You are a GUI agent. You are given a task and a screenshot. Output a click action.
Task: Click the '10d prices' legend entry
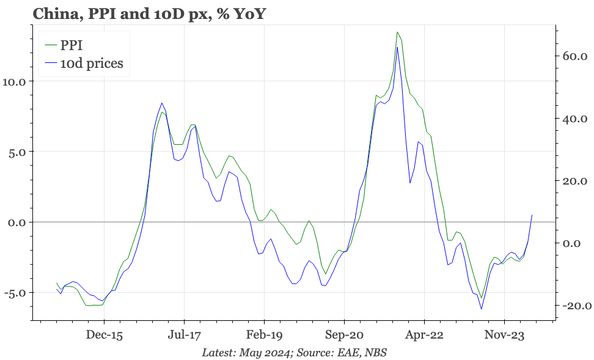click(x=91, y=63)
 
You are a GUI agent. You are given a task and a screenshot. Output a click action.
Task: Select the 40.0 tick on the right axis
click(x=574, y=119)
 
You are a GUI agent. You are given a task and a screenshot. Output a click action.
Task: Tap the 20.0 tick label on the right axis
click(x=574, y=181)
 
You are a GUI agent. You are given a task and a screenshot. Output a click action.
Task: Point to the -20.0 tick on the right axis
click(x=572, y=306)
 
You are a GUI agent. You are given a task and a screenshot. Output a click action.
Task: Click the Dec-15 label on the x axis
click(x=104, y=336)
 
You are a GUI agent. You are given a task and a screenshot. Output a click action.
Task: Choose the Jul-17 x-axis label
click(x=184, y=336)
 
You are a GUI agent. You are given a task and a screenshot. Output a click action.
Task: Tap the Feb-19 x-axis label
click(x=264, y=336)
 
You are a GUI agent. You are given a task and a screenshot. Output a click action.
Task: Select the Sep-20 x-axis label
click(x=344, y=336)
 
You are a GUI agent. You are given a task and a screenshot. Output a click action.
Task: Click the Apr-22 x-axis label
click(x=424, y=336)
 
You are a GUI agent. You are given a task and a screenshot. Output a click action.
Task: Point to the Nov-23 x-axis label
click(x=504, y=336)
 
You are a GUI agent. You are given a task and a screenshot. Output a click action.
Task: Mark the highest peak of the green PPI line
click(x=397, y=32)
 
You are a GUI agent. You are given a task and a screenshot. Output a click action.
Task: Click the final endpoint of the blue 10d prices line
click(x=532, y=215)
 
